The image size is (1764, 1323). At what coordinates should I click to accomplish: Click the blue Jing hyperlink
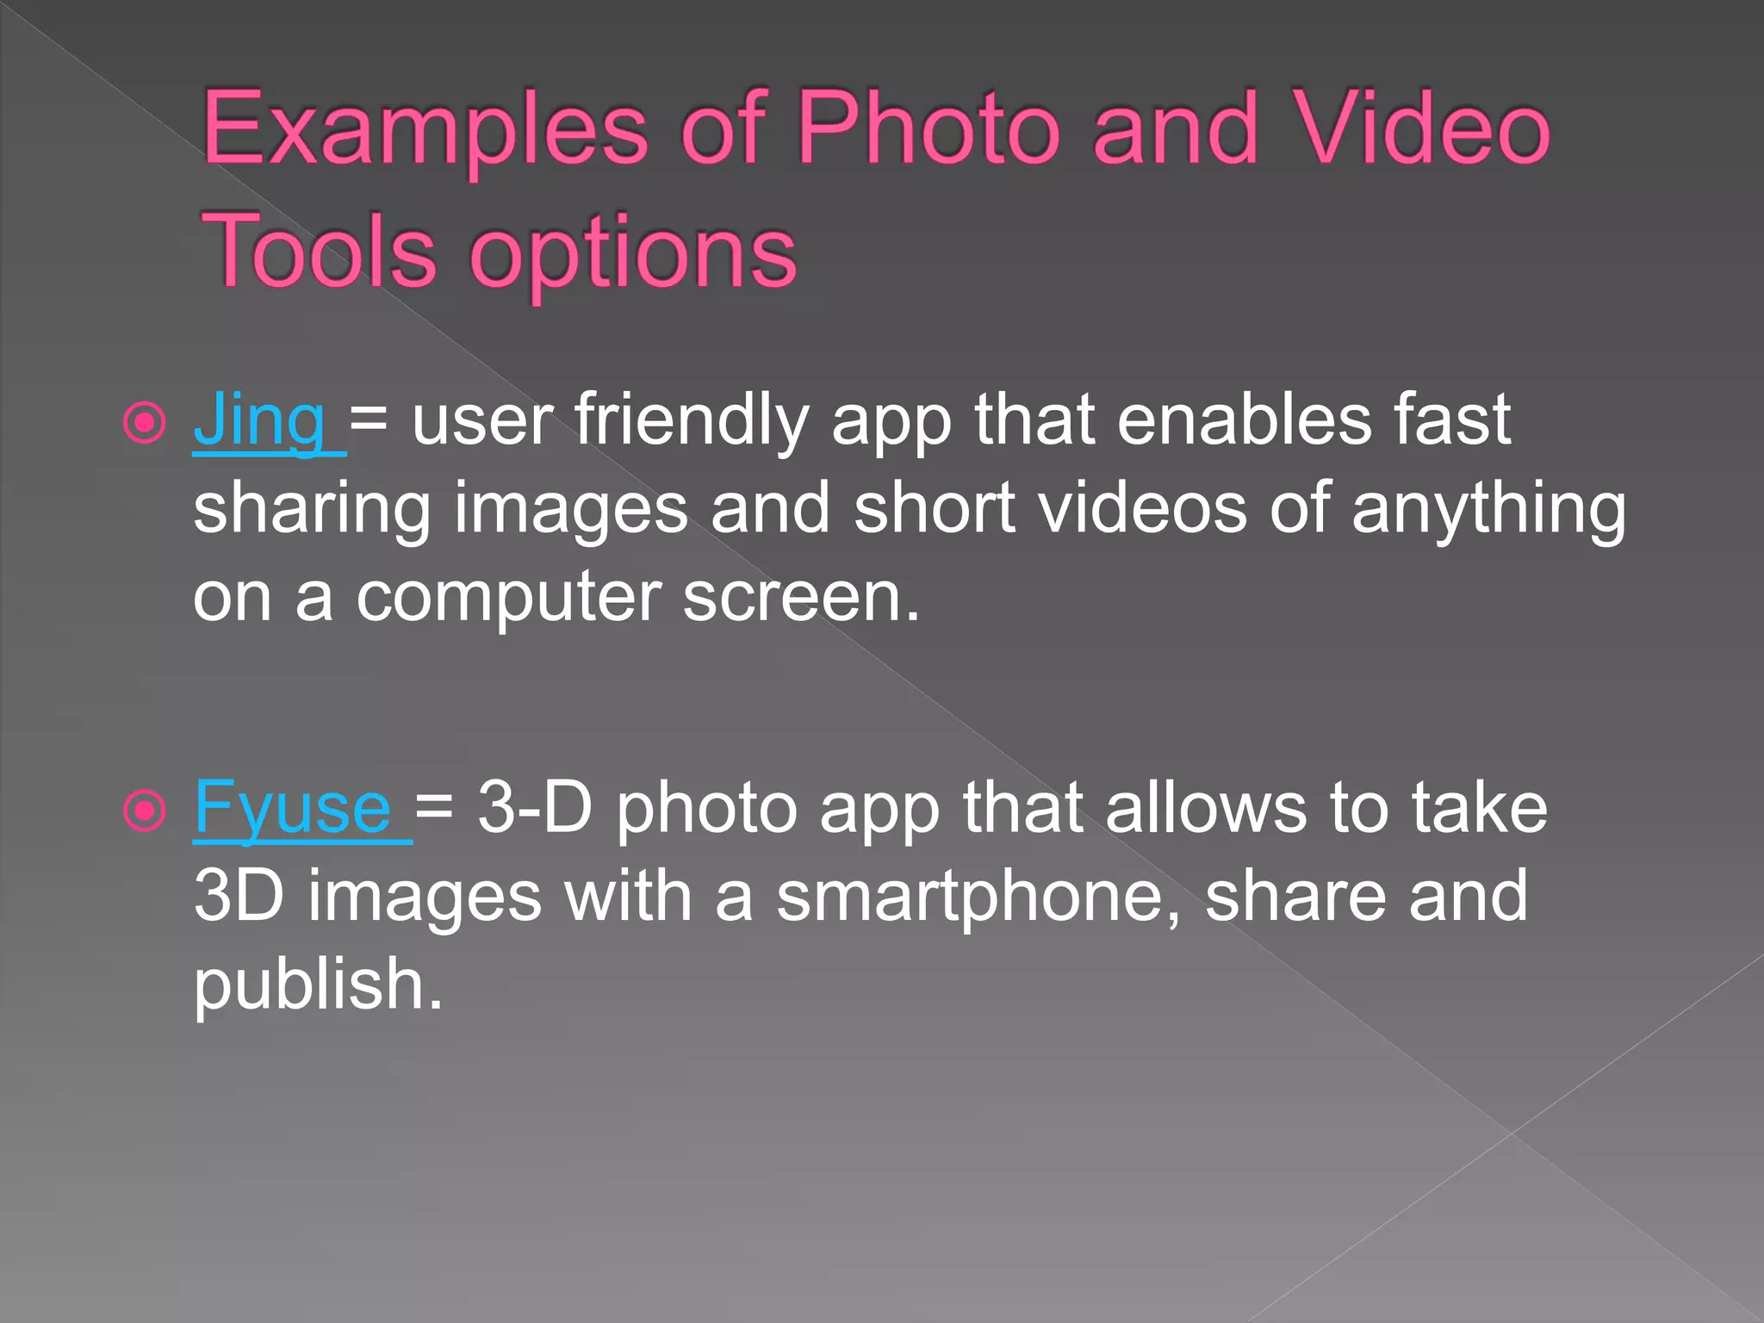[x=258, y=420]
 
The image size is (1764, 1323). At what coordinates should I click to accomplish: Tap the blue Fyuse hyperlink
[x=293, y=808]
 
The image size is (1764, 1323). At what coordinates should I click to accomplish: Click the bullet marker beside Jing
[x=144, y=422]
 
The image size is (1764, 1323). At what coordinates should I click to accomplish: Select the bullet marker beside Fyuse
[x=144, y=810]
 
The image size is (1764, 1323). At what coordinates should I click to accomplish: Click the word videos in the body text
[x=1142, y=508]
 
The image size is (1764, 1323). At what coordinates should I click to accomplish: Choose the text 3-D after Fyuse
[x=534, y=808]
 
